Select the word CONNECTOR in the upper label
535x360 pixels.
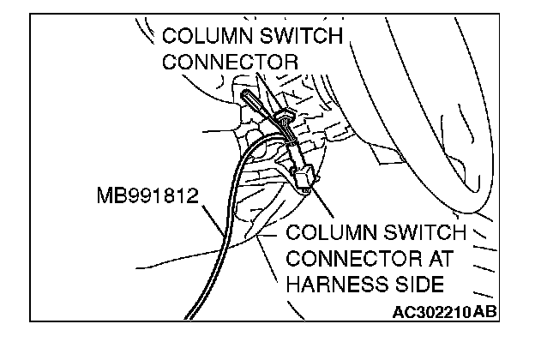230,63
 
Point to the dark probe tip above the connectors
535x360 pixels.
249,96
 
